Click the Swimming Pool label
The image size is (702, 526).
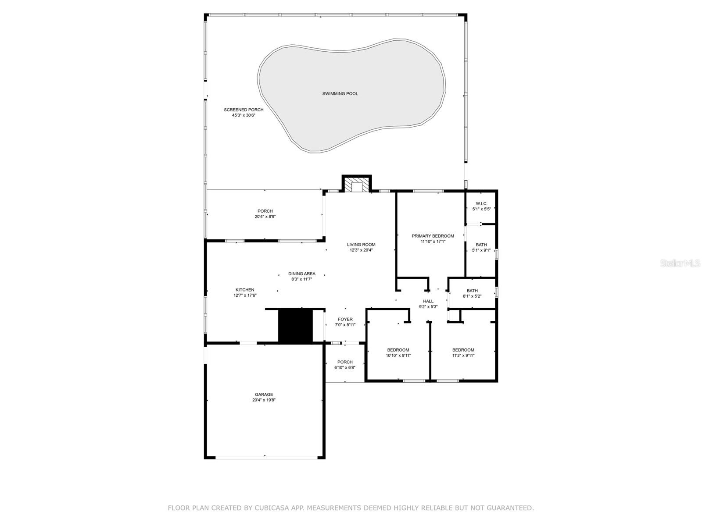tap(340, 93)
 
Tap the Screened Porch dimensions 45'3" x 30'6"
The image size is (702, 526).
tap(244, 115)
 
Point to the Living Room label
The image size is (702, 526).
tap(361, 245)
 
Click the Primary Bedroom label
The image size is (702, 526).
tap(433, 236)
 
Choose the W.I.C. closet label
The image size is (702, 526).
tap(481, 203)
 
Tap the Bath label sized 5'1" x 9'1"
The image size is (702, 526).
tap(481, 245)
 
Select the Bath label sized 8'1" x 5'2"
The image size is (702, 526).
tap(472, 291)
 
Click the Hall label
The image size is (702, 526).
tap(428, 301)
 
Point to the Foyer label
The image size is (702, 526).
tap(345, 320)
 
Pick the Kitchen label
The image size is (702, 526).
tap(245, 290)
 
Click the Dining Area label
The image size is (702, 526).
tap(301, 274)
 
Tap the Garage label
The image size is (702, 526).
tap(264, 394)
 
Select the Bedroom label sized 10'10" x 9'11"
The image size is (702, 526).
tap(398, 350)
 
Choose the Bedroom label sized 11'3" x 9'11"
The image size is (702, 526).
tap(463, 350)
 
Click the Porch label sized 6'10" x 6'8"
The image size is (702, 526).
tap(345, 362)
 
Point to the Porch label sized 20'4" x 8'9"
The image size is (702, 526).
tap(265, 211)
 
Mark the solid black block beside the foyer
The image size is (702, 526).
tap(295, 326)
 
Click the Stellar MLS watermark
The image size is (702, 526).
tap(680, 263)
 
